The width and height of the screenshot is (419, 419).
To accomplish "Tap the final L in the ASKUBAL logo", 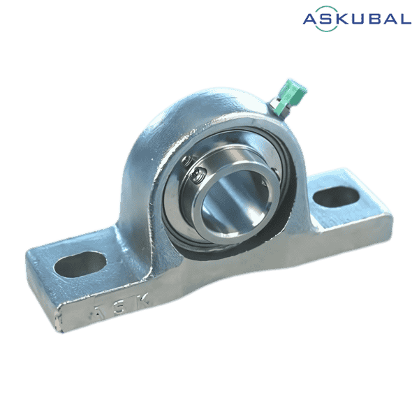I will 404,20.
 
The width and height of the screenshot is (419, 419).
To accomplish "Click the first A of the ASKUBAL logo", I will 311,20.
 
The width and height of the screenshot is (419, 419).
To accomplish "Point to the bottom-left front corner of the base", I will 56,328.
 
